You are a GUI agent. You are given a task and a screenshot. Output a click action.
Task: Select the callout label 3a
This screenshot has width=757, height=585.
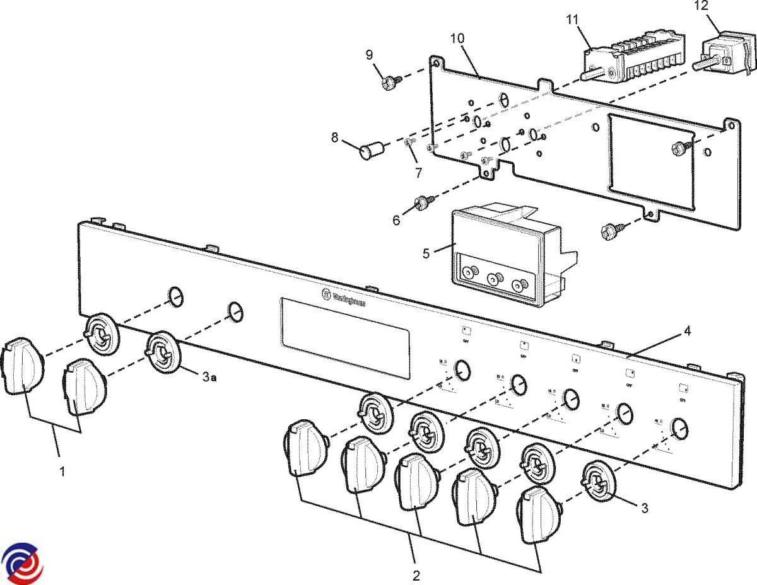coord(210,377)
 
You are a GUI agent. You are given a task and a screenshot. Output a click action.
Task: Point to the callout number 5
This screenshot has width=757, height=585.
coord(426,253)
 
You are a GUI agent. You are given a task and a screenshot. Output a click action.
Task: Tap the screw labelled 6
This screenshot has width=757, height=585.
coord(421,202)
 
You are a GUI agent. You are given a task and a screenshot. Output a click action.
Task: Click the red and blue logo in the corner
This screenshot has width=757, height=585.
coord(21,562)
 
